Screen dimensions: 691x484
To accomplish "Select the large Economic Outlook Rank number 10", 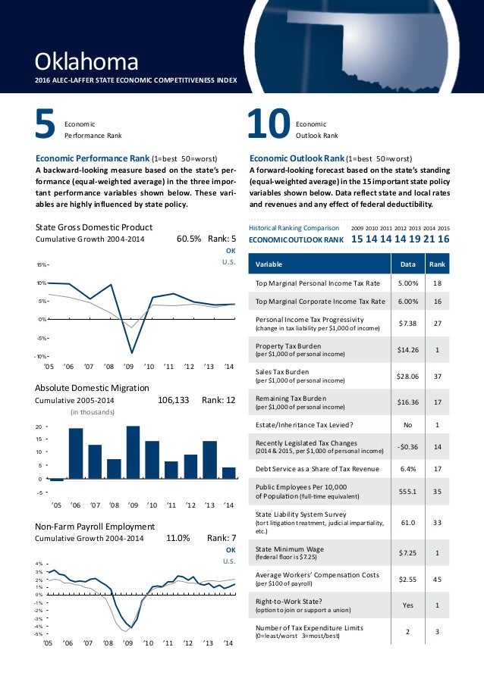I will pos(270,127).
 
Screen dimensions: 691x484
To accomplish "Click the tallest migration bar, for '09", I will pos(134,453).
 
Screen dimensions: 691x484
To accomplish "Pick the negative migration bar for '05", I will pos(57,479).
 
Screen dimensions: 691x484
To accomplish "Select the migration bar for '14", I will pos(229,473).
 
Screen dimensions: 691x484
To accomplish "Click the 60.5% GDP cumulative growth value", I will pos(188,239).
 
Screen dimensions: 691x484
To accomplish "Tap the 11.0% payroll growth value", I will pos(178,538).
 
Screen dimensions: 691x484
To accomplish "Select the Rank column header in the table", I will pos(437,264).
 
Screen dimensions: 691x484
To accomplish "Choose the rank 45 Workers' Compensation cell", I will pos(437,579).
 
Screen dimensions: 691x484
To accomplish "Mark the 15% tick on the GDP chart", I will pos(42,265).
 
